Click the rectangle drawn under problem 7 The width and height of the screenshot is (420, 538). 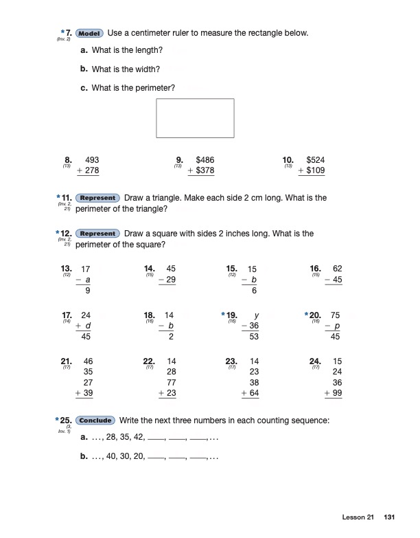point(196,118)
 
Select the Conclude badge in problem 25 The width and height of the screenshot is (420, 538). point(97,421)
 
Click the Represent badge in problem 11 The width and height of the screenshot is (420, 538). point(97,198)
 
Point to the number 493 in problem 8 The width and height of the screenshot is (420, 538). point(91,159)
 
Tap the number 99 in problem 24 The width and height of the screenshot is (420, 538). point(337,394)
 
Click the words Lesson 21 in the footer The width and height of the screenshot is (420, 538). point(358,517)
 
